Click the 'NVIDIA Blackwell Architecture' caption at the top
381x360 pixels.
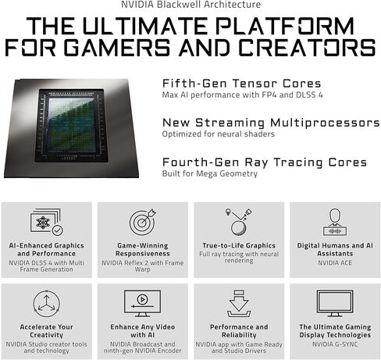pos(190,5)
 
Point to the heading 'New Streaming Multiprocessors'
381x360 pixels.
pos(271,123)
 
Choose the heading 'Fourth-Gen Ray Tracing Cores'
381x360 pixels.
pos(264,162)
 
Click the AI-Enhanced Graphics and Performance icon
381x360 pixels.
pos(47,222)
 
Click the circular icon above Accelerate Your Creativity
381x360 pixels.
pos(47,303)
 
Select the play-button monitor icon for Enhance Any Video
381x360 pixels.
pos(142,302)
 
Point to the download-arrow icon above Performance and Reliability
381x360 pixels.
pos(237,303)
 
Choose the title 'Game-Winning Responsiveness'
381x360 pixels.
pos(142,249)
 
